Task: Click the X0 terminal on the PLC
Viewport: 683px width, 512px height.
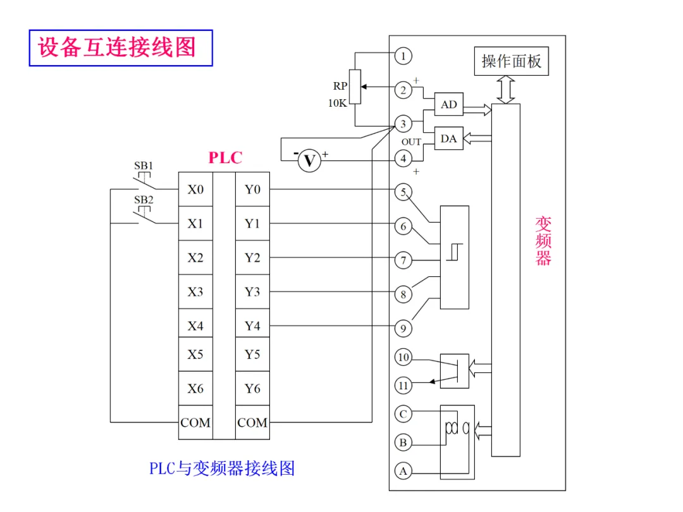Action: (195, 190)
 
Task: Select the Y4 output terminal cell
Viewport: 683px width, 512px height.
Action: (252, 326)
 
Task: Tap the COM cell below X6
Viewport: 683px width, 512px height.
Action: (195, 422)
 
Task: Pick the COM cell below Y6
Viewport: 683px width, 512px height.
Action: (252, 422)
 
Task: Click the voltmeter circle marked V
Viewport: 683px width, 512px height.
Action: (309, 161)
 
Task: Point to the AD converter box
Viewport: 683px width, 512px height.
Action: (448, 104)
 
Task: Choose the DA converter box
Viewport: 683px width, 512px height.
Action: (448, 138)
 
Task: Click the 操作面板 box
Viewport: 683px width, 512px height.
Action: (512, 61)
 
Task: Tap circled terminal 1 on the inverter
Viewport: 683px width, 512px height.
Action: (403, 56)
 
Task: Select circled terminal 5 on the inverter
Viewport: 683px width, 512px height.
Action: (403, 192)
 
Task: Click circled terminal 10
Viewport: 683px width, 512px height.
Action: (403, 357)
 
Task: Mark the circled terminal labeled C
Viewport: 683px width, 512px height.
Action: (403, 413)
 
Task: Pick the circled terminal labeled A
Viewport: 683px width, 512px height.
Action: (403, 471)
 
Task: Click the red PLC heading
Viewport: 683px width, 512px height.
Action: (225, 157)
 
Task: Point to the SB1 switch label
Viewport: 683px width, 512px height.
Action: (144, 166)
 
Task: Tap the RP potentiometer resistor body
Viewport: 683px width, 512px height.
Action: (355, 87)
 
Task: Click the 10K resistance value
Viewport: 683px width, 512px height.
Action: (337, 103)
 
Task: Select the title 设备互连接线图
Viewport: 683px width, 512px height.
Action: (117, 47)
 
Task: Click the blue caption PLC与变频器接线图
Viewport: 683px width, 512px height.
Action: (222, 468)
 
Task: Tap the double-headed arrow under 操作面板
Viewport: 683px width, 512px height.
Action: (506, 90)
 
